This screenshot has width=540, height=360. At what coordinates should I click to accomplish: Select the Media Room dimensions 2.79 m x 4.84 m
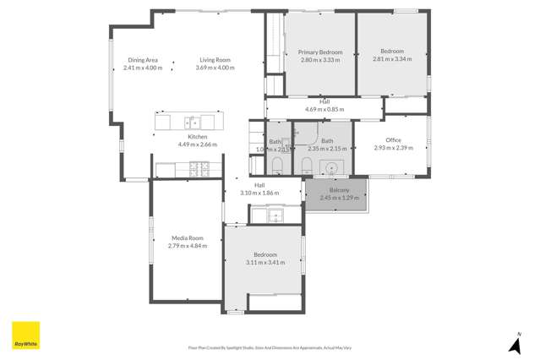(187, 246)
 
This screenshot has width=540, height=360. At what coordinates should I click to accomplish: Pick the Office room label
(392, 140)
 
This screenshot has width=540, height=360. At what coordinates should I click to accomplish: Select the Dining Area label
(143, 60)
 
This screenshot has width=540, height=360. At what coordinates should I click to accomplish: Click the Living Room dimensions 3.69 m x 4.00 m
(215, 68)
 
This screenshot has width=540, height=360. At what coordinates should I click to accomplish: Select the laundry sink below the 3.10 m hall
(276, 215)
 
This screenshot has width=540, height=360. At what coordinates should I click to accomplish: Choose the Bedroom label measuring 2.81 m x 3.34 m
(392, 59)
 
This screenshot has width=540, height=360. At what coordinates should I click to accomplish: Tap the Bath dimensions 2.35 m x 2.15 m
(326, 149)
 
